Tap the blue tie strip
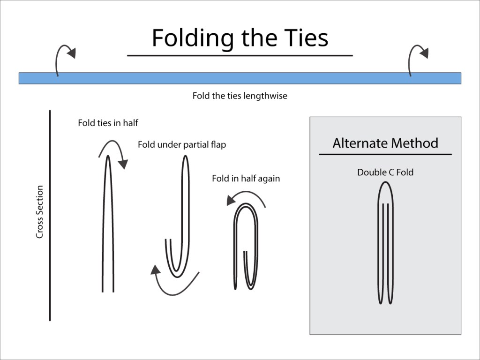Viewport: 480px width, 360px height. (x=240, y=78)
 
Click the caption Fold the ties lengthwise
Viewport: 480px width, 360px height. (x=240, y=96)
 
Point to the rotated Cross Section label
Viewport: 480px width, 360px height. (x=40, y=212)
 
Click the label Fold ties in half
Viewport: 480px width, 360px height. (x=108, y=123)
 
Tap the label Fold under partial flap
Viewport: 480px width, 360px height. (x=182, y=144)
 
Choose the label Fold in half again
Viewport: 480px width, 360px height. (x=246, y=179)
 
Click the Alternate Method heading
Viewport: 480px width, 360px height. (x=385, y=143)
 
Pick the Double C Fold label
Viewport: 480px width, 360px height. (x=385, y=172)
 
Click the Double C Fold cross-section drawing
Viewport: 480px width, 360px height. (x=386, y=243)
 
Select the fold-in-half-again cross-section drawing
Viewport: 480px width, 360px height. (x=246, y=247)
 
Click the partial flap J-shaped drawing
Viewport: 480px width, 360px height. (x=178, y=217)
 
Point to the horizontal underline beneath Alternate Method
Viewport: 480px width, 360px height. (x=385, y=154)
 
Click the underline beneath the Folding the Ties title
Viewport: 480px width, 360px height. (x=240, y=56)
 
